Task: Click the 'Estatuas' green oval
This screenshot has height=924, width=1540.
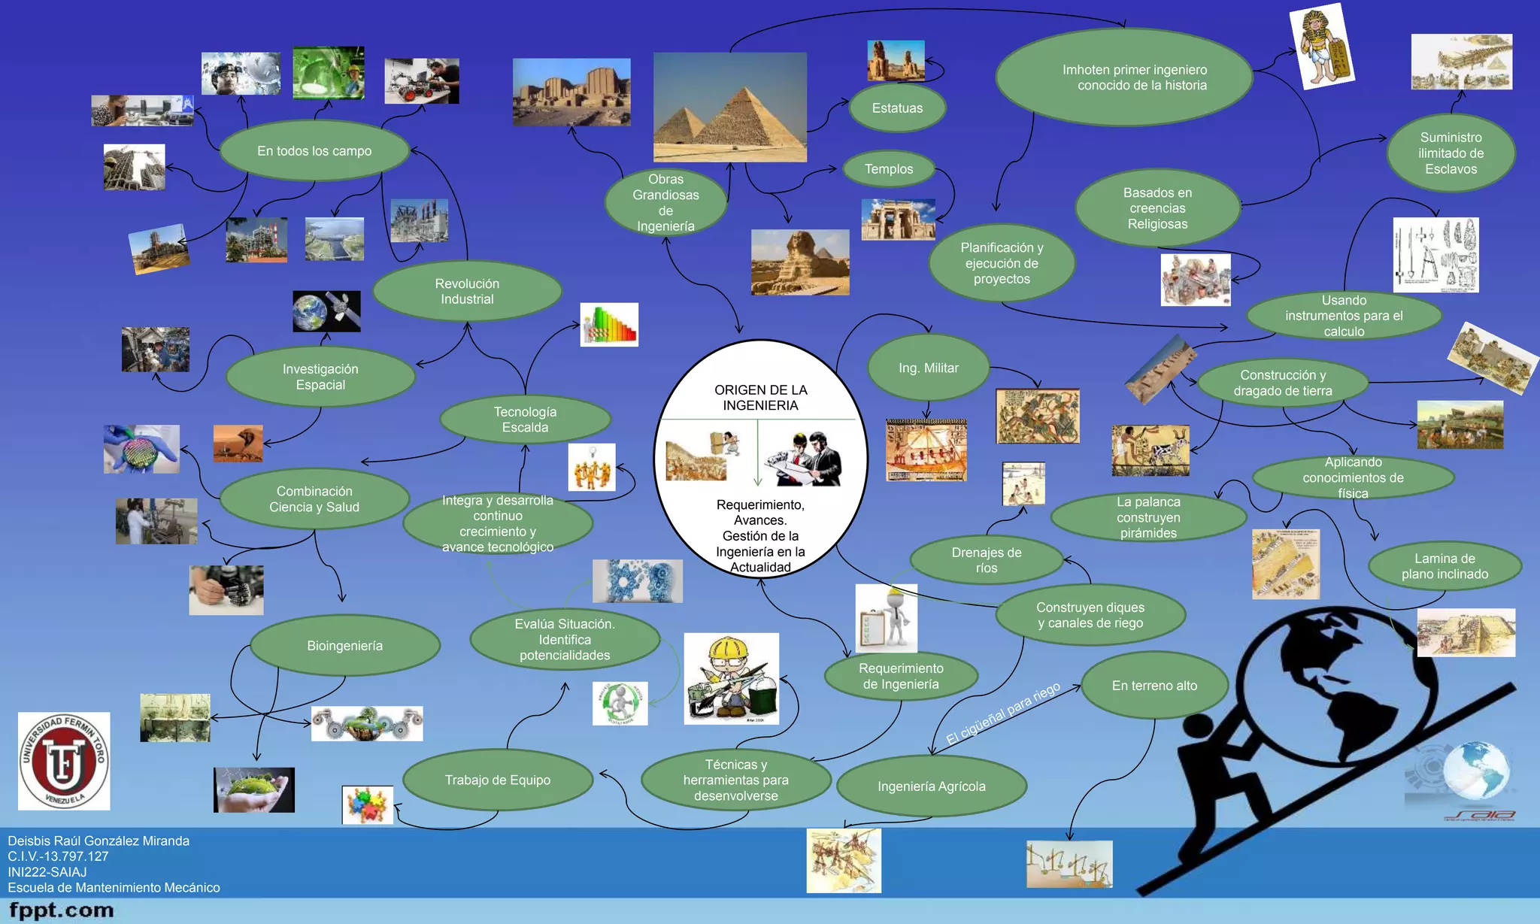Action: [897, 108]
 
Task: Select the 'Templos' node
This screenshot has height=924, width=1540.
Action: [889, 169]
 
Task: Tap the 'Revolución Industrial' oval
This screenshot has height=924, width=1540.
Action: [467, 291]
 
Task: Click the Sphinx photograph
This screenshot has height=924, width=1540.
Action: [800, 262]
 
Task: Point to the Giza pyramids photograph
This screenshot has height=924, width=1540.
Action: [729, 107]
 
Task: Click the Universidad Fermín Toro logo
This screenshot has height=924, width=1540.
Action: [64, 761]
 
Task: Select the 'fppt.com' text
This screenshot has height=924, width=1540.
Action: [62, 910]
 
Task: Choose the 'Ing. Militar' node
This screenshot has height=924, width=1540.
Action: [929, 368]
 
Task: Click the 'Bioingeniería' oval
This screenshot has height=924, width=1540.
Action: [344, 646]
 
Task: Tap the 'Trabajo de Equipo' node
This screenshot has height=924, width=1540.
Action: [497, 780]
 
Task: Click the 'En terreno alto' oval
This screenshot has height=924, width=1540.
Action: [1154, 686]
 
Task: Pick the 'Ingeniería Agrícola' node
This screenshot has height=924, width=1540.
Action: [931, 786]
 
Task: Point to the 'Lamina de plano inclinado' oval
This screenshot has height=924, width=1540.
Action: [1445, 566]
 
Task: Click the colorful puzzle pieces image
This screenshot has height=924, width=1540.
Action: [368, 805]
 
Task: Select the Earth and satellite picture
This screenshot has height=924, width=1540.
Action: [326, 311]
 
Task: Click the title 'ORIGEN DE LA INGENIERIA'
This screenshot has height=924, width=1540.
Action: [760, 398]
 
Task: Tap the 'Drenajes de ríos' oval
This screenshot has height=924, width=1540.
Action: [986, 560]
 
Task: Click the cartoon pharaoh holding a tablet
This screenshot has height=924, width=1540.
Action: [1321, 47]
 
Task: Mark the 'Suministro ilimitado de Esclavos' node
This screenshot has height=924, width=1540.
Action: [1451, 153]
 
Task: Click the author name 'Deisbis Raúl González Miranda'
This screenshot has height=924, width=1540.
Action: [99, 841]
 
